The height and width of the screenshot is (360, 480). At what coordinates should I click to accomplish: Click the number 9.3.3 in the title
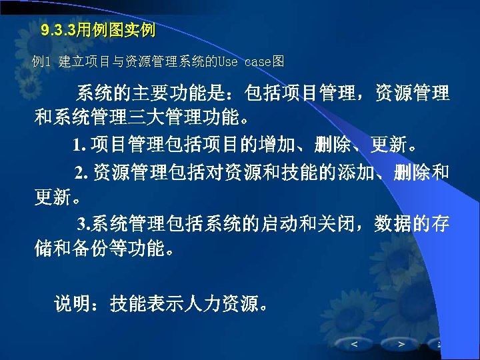(58, 30)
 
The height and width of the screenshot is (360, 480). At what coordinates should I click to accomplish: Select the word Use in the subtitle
(227, 62)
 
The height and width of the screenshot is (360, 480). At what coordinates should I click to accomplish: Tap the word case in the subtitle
(258, 62)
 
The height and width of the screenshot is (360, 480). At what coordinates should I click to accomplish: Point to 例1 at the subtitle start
(41, 62)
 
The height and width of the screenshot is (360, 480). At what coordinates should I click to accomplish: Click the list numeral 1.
(79, 145)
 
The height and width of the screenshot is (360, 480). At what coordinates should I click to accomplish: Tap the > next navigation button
(401, 344)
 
